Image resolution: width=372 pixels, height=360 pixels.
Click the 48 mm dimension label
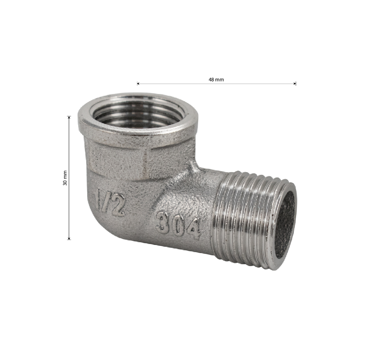(x=216, y=80)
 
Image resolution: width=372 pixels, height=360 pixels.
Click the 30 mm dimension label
(x=65, y=178)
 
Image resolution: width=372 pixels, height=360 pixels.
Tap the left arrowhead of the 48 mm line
(x=138, y=84)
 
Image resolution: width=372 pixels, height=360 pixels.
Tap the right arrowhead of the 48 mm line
(x=295, y=84)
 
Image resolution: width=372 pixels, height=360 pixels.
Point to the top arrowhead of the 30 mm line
(x=69, y=117)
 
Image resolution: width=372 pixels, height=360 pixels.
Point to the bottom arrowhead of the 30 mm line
(x=69, y=238)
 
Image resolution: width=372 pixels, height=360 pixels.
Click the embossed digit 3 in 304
(x=162, y=222)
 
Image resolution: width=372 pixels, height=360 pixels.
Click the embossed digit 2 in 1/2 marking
(x=117, y=204)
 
